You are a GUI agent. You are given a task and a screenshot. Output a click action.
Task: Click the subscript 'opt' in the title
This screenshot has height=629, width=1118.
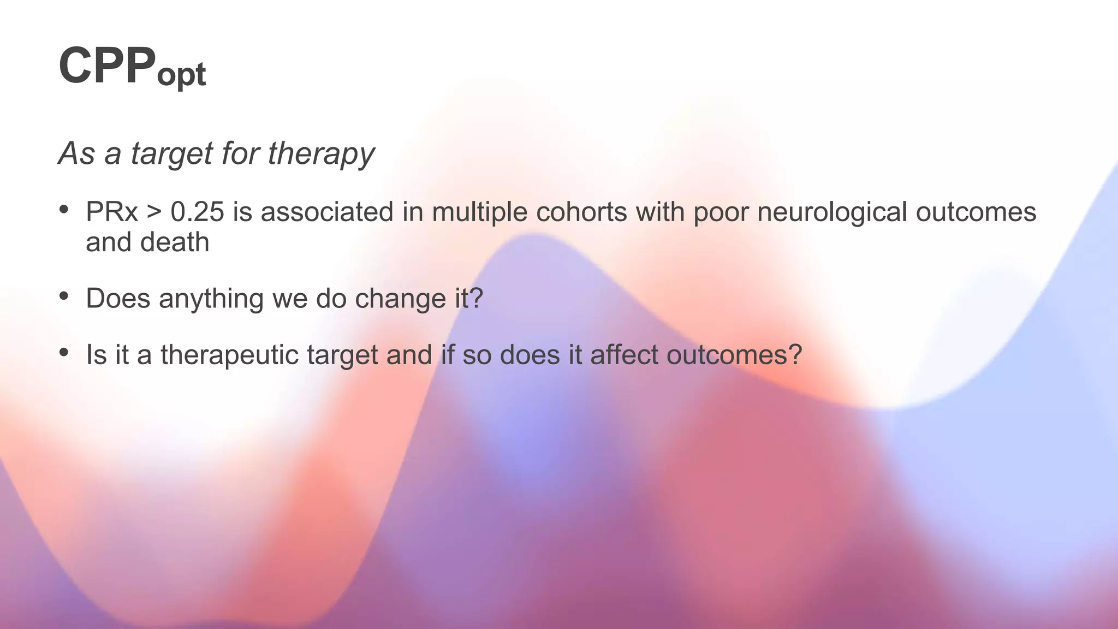tap(181, 75)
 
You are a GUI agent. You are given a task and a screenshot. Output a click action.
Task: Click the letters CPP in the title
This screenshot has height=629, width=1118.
tap(107, 66)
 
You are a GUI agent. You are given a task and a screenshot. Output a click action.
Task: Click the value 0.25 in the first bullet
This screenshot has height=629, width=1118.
tap(197, 212)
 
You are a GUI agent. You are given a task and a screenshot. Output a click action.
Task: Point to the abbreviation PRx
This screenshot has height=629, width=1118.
tap(111, 212)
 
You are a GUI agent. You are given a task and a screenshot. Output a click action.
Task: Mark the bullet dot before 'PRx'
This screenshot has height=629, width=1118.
tap(64, 209)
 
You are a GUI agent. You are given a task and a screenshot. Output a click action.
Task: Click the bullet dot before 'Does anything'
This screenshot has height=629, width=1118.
tap(64, 296)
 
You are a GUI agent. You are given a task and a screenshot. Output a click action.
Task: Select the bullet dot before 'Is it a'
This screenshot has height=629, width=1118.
tap(64, 352)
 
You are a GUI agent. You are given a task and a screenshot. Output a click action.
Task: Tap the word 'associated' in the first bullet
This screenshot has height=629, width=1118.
tap(327, 212)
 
